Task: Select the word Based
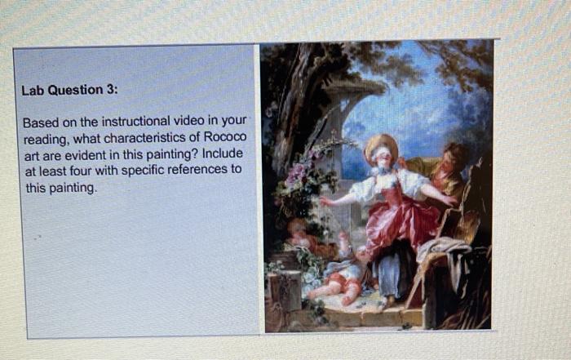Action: coord(39,122)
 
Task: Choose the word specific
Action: coord(148,171)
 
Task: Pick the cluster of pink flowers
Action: coord(299,176)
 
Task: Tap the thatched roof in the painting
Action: coord(356,85)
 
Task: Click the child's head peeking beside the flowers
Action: coord(297,232)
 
